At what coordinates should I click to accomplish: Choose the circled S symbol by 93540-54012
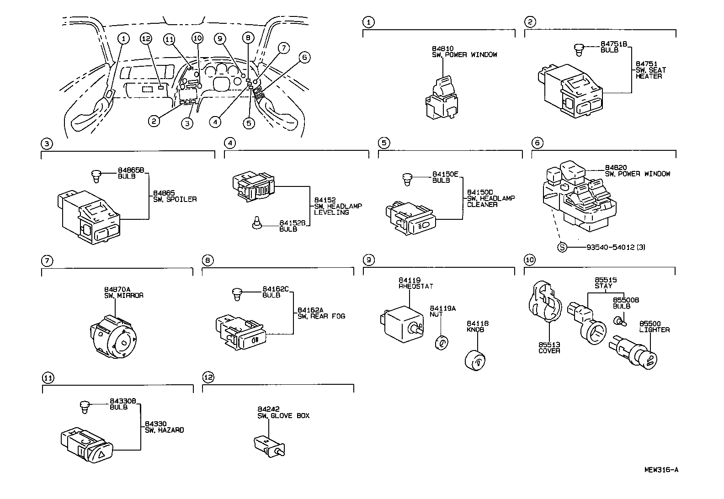pyautogui.click(x=562, y=247)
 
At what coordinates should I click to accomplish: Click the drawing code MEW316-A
pyautogui.click(x=661, y=470)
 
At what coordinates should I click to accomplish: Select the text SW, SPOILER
pyautogui.click(x=175, y=200)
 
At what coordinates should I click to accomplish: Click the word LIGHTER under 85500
pyautogui.click(x=655, y=330)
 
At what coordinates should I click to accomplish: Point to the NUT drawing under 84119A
pyautogui.click(x=441, y=343)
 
